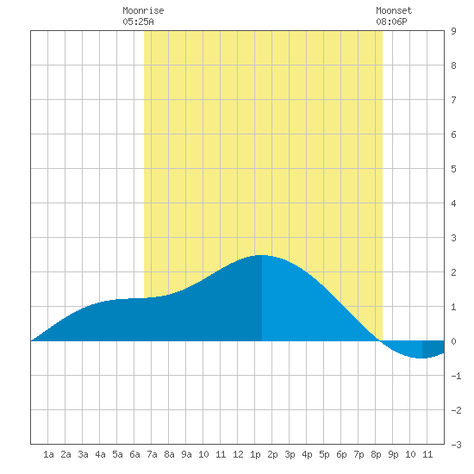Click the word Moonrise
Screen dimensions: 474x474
pyautogui.click(x=143, y=10)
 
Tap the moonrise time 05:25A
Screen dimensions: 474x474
pyautogui.click(x=138, y=22)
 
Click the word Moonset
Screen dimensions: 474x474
pyautogui.click(x=394, y=10)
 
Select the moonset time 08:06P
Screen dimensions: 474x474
pyautogui.click(x=391, y=22)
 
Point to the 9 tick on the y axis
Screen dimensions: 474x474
pyautogui.click(x=453, y=31)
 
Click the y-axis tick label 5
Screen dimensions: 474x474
pyautogui.click(x=453, y=169)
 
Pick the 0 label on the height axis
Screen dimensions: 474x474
pyautogui.click(x=453, y=341)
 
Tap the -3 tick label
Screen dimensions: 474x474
pyautogui.click(x=456, y=445)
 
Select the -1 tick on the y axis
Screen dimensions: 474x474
pyautogui.click(x=456, y=376)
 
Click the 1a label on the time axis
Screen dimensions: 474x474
pyautogui.click(x=48, y=454)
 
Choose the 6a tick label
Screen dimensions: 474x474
pyautogui.click(x=134, y=454)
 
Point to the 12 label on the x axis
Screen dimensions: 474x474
pyautogui.click(x=238, y=454)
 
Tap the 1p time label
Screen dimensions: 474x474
pyautogui.click(x=255, y=454)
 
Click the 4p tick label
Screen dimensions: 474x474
pyautogui.click(x=307, y=454)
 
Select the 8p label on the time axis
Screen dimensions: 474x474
pyautogui.click(x=376, y=454)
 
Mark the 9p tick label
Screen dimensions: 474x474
pyautogui.click(x=393, y=454)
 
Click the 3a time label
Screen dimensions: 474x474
pyautogui.click(x=83, y=454)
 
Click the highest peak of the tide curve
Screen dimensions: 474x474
pyautogui.click(x=261, y=255)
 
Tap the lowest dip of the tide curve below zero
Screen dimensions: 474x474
pyautogui.click(x=421, y=359)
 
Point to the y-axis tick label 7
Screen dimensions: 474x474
pyautogui.click(x=453, y=100)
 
